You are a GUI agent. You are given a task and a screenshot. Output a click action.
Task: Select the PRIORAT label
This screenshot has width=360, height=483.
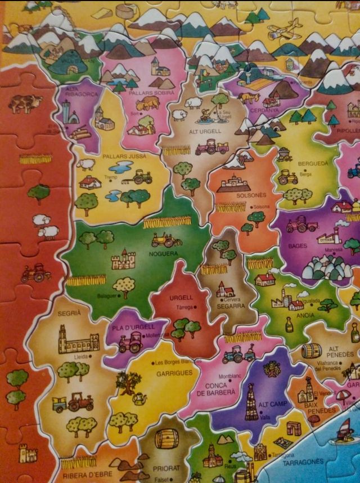(x=167, y=467)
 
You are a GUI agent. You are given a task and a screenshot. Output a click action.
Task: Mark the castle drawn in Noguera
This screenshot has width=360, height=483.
(x=123, y=260)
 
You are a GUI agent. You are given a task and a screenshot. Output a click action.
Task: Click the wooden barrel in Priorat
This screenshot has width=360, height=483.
(x=166, y=439)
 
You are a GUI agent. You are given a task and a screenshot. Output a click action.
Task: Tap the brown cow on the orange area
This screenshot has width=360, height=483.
(x=25, y=102)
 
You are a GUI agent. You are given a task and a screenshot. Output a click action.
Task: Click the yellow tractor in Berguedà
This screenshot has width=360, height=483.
(x=287, y=176)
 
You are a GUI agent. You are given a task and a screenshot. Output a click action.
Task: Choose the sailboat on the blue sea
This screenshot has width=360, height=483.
(x=345, y=431)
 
